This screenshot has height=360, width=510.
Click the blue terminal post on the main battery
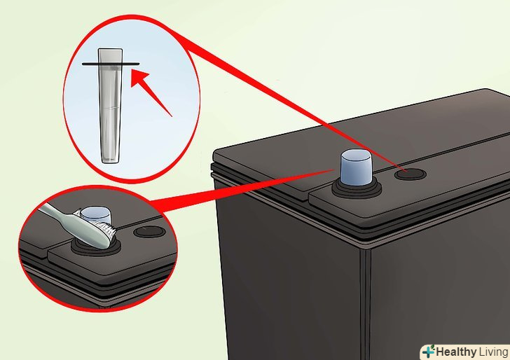[356, 167]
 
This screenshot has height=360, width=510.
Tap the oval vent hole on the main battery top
[410, 174]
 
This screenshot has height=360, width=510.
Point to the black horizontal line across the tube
[111, 64]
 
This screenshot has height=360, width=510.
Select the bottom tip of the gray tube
[110, 161]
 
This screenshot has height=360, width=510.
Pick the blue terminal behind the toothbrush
[95, 214]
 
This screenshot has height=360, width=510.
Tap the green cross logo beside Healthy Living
[429, 352]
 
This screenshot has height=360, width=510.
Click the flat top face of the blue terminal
[356, 155]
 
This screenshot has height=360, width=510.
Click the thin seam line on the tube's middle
[110, 108]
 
